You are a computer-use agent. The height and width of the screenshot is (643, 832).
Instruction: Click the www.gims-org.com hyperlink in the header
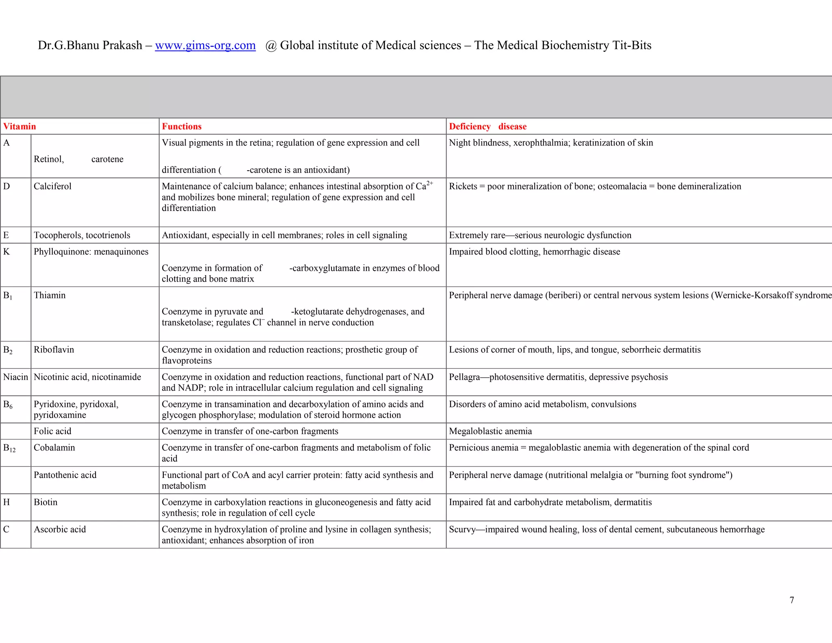click(x=205, y=46)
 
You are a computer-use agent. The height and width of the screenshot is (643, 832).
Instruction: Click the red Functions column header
click(x=182, y=126)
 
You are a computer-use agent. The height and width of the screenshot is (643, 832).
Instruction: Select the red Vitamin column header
click(x=19, y=126)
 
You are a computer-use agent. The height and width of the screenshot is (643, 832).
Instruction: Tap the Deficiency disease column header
click(x=487, y=126)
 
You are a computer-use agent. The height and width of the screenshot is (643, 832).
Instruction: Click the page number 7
click(x=792, y=600)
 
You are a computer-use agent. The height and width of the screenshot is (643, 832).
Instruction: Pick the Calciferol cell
click(x=52, y=186)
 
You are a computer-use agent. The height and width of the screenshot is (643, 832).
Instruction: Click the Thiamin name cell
click(x=50, y=295)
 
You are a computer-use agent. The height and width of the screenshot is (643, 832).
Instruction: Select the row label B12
click(x=9, y=448)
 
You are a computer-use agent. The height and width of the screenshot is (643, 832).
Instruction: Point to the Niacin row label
click(x=15, y=377)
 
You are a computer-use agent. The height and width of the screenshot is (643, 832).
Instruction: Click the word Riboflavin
click(x=54, y=350)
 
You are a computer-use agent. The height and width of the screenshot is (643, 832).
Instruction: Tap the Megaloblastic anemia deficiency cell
click(x=490, y=431)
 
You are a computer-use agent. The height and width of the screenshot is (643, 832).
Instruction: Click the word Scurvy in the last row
click(x=462, y=529)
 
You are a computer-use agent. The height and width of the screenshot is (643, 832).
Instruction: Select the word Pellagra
click(x=464, y=377)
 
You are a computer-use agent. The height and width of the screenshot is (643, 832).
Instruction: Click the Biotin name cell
click(x=45, y=502)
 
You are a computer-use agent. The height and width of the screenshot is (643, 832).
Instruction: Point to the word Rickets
click(x=463, y=186)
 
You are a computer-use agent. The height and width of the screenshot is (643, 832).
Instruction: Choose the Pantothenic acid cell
click(x=65, y=475)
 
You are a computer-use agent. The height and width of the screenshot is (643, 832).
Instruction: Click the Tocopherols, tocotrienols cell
click(x=82, y=235)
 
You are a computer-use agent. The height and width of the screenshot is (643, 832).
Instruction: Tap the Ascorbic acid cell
click(x=60, y=529)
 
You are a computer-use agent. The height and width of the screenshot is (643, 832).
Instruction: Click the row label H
click(x=6, y=502)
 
